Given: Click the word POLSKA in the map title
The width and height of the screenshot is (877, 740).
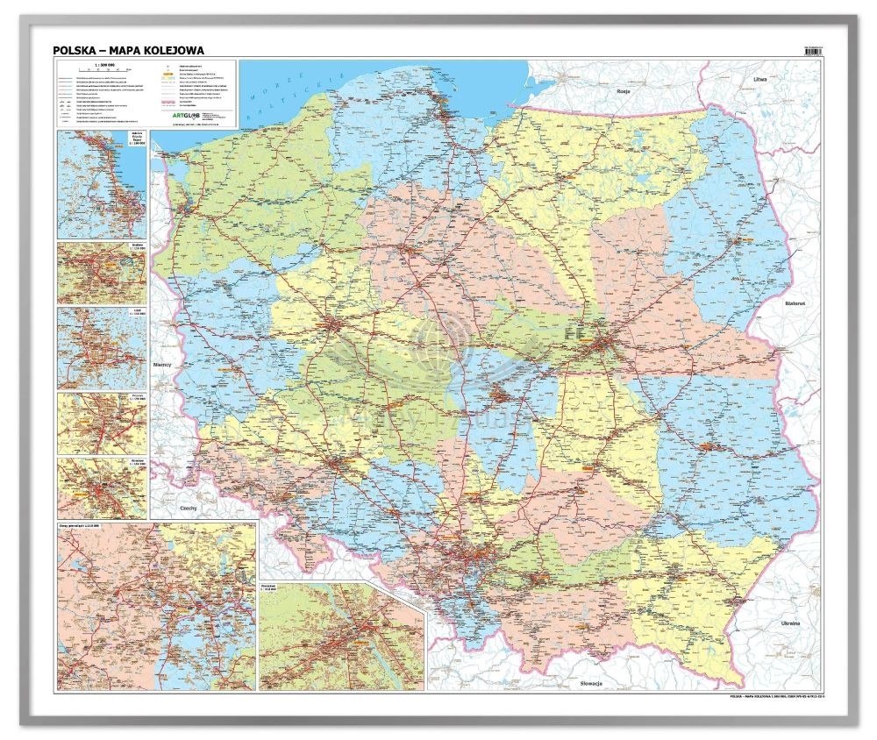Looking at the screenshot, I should tap(73, 51).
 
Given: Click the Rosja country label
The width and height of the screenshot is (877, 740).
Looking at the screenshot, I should tap(624, 90).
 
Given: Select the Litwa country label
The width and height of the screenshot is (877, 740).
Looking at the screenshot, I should tap(760, 80).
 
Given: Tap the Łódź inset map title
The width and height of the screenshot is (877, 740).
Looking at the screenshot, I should tap(136, 312).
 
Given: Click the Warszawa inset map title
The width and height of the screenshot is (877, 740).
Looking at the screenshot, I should tap(271, 586).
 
